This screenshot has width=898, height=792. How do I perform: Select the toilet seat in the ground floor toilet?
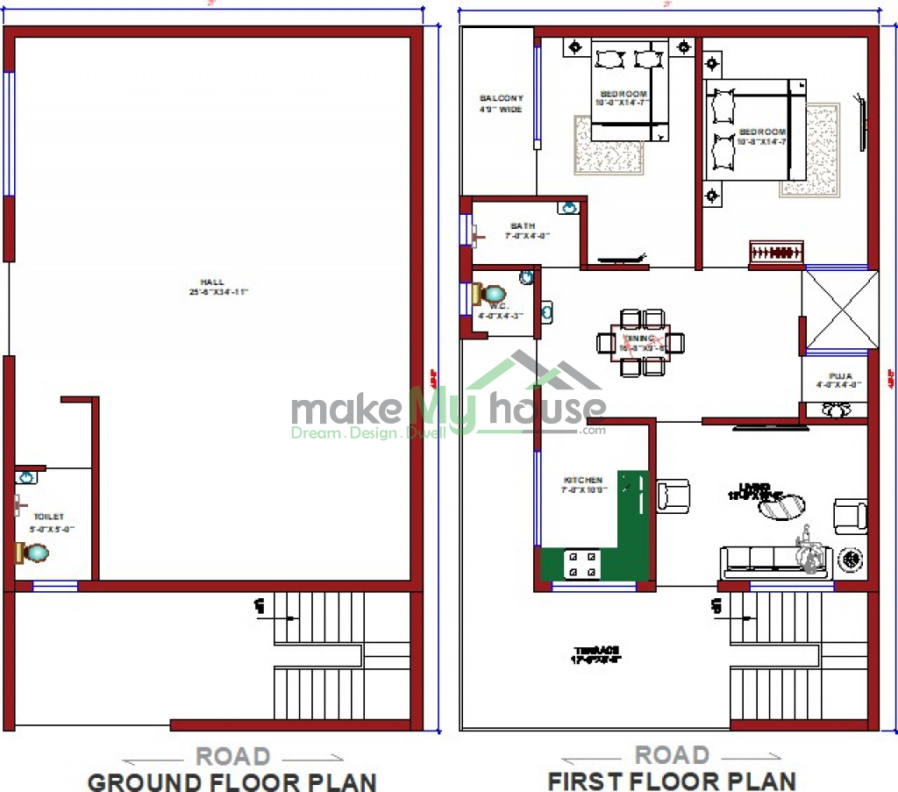pos(35,553)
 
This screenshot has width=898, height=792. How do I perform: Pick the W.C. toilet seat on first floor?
pos(492,295)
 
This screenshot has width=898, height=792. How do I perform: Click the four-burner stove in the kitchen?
pos(580,563)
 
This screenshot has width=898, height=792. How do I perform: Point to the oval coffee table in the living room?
pos(780,507)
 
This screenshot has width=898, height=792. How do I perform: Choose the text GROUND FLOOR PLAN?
pos(232,781)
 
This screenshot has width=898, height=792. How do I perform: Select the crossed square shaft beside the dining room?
pos(841,309)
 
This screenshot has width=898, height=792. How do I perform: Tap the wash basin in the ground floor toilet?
pos(28,478)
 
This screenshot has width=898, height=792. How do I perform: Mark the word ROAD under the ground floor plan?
pos(232,755)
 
